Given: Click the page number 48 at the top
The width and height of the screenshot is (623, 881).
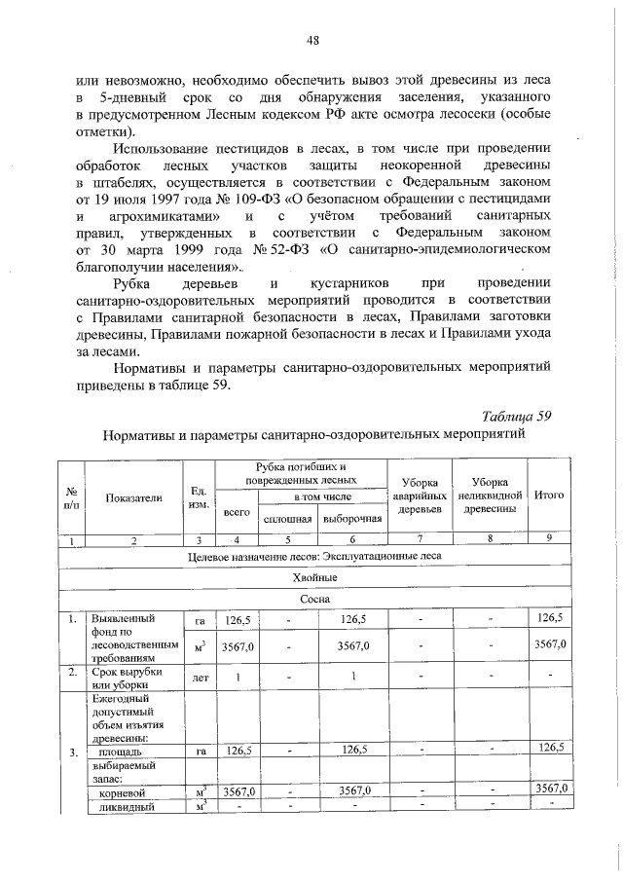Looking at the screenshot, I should click(x=312, y=40).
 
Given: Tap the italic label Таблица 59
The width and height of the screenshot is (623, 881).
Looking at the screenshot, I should click(x=517, y=415).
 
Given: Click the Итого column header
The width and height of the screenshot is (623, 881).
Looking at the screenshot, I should click(x=550, y=496).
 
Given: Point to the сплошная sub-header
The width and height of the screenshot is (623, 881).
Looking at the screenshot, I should click(x=287, y=518).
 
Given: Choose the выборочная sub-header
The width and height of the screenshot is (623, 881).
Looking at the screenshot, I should click(x=351, y=518).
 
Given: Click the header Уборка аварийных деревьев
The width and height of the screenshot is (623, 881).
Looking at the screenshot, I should click(x=420, y=496).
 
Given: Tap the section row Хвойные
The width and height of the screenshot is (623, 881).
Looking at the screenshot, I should click(x=312, y=577).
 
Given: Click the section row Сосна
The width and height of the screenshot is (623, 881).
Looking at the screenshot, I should click(x=312, y=599).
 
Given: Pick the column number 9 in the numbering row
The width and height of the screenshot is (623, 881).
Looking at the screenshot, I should click(x=550, y=538).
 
